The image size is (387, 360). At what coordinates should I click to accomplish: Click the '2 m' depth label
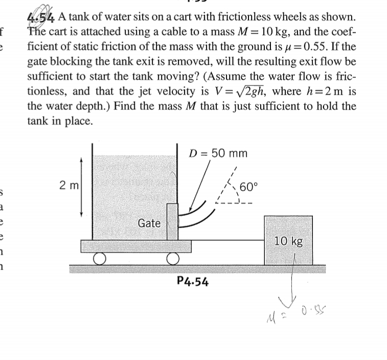coord(66,185)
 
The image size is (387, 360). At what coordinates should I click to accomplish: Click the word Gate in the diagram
coord(150,223)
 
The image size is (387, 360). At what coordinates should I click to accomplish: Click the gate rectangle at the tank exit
coord(172,221)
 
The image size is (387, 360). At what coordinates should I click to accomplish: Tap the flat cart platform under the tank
coord(136,246)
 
